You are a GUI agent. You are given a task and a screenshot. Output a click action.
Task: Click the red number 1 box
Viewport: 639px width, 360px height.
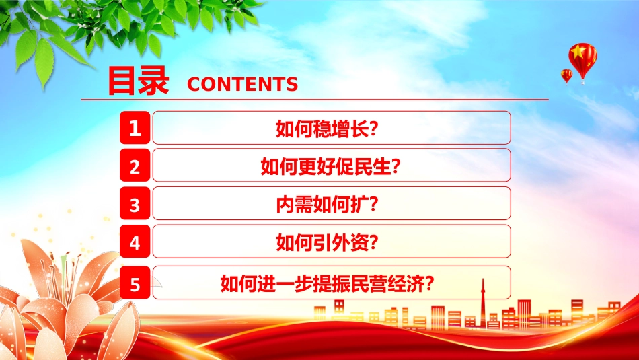135,128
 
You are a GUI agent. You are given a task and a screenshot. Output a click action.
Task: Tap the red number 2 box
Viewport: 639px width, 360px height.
135,165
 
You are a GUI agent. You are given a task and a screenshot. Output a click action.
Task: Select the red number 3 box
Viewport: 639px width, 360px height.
135,203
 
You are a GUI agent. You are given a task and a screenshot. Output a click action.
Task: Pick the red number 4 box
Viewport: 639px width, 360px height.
135,242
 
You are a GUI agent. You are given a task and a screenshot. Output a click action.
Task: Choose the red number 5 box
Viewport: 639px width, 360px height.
135,283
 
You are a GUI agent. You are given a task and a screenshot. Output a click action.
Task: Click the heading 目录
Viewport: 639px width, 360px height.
138,81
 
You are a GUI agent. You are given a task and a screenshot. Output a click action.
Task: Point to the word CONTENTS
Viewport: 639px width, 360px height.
242,84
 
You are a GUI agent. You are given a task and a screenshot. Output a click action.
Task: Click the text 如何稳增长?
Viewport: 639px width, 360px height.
328,129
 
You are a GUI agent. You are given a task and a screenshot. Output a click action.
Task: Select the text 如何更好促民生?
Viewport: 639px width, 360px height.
330,166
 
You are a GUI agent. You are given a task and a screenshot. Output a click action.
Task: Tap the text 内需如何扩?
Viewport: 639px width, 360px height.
328,205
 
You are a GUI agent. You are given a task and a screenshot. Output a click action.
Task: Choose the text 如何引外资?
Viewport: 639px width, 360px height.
328,242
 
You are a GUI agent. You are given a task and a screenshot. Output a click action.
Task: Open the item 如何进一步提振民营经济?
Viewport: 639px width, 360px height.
328,283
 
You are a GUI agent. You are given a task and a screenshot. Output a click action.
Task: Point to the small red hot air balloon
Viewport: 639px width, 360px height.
566,76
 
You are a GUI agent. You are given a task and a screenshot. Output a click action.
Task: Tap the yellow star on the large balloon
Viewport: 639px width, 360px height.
578,52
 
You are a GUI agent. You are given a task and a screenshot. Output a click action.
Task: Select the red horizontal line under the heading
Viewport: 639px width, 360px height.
315,99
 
